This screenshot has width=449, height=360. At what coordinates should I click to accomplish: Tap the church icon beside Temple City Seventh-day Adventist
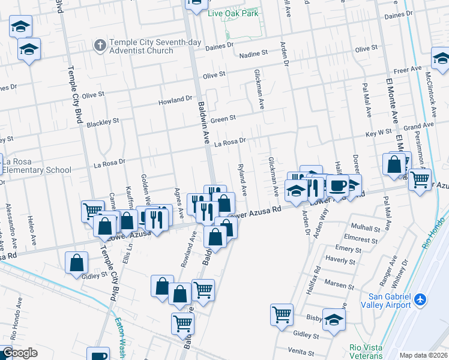tap(100, 45)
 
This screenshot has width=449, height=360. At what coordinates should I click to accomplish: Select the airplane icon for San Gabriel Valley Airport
tap(420, 299)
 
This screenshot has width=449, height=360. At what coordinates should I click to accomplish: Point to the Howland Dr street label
tap(175, 100)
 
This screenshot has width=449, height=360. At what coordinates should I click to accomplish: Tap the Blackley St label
tap(103, 122)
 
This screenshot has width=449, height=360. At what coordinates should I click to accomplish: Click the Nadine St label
tap(253, 55)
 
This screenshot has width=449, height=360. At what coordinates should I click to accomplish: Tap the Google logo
tap(19, 353)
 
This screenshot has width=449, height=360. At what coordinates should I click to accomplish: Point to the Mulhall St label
tap(366, 229)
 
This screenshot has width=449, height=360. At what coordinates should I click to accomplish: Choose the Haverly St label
tap(340, 260)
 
